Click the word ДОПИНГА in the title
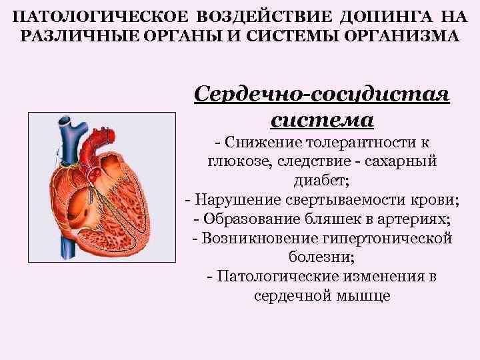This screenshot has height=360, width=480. tap(383, 16)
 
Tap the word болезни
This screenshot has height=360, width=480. tap(321, 257)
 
